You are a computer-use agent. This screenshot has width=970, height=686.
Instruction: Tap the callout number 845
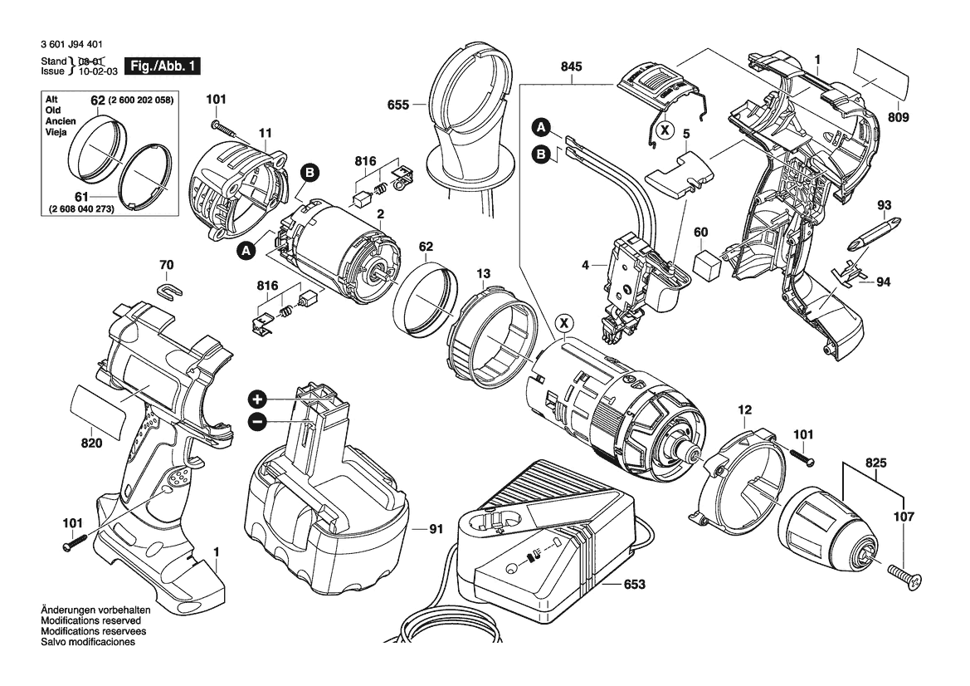[571, 67]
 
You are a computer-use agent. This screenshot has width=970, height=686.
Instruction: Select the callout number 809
[897, 117]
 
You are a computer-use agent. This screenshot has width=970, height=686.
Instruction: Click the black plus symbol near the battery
[257, 398]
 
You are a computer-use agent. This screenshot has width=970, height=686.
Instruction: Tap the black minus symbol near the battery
[257, 422]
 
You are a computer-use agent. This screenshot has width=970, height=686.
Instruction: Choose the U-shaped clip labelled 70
[168, 291]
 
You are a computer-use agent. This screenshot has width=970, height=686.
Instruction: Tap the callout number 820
[91, 443]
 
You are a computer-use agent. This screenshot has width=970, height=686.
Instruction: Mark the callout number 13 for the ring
[483, 273]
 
